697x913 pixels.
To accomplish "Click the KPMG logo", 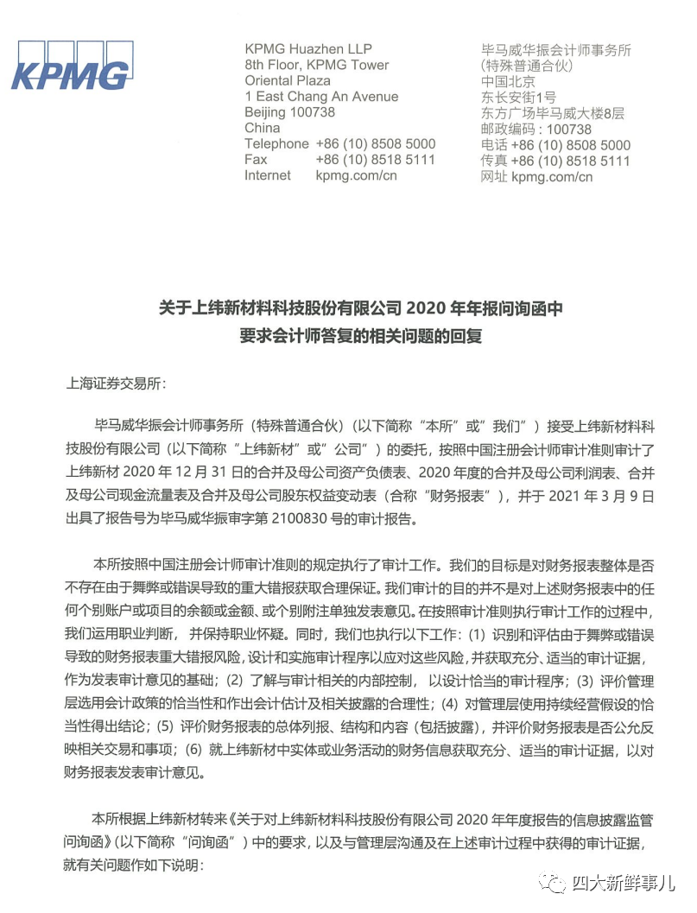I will (71, 66).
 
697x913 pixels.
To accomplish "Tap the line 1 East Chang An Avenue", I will (321, 97).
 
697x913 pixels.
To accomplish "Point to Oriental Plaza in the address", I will (288, 80).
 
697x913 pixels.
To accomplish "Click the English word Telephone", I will (276, 143).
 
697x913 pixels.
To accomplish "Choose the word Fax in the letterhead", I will (256, 160).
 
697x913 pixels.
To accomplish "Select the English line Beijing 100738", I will (289, 112).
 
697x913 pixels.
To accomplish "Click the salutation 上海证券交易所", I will (112, 383).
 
